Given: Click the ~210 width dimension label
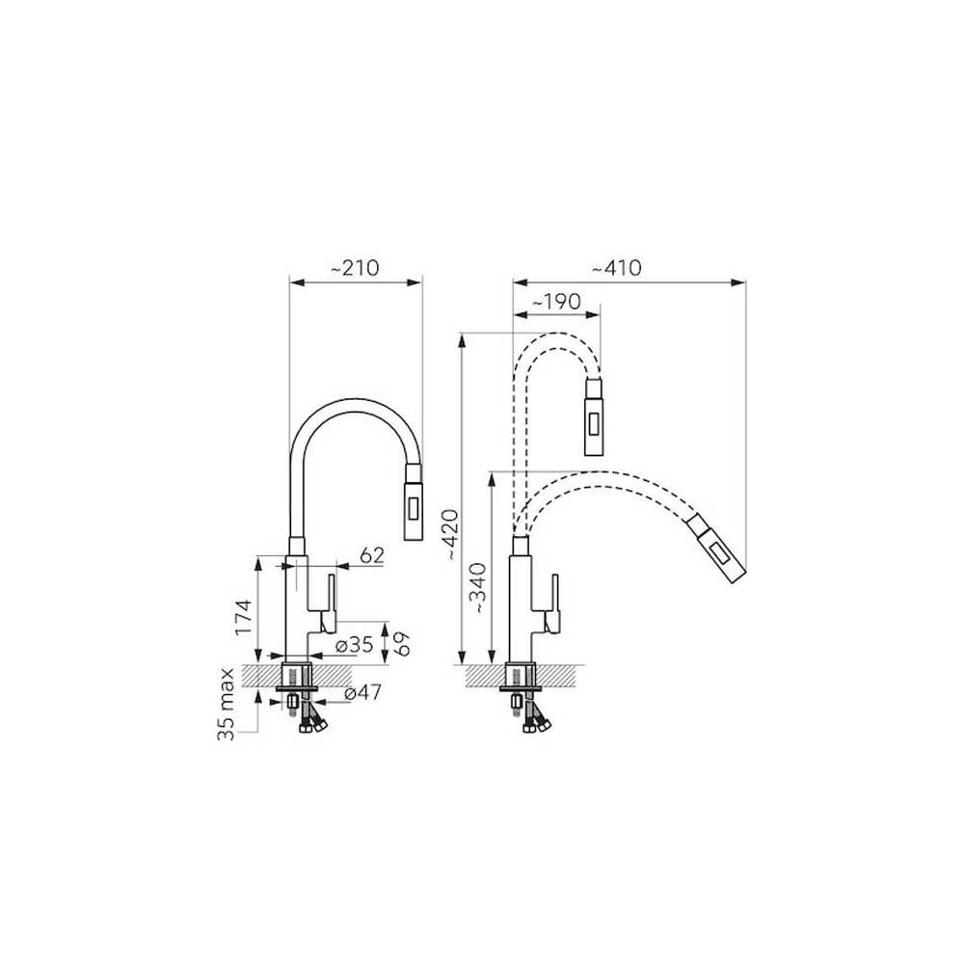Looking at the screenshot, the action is tap(356, 268).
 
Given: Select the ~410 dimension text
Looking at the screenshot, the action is tap(616, 268).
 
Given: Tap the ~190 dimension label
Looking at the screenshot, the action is tap(556, 302).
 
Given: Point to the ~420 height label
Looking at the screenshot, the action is tap(450, 534).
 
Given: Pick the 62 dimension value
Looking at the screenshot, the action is tap(371, 555).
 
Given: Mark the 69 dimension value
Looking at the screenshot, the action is tap(401, 642).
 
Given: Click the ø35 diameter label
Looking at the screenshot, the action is tap(356, 645).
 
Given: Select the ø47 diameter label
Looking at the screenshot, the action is tap(362, 692).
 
